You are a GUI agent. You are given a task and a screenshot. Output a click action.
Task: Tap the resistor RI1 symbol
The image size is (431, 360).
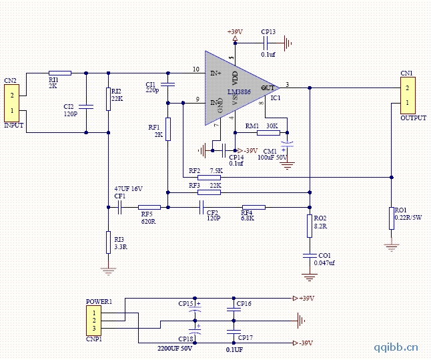coord(60,72)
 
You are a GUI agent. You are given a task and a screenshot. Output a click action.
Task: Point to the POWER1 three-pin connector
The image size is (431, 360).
coord(95,321)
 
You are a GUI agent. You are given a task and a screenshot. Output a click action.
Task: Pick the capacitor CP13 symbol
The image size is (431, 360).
coord(267,43)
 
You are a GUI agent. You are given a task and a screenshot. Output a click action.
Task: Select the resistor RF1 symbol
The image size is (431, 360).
coord(168,128)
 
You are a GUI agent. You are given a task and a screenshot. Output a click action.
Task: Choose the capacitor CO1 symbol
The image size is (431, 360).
coord(309,254)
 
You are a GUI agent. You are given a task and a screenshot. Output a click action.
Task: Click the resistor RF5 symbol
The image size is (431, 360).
coord(149,207)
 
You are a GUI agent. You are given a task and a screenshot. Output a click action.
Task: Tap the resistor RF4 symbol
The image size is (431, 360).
coord(253,207)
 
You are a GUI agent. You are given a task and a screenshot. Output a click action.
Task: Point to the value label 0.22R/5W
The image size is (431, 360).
coord(407,217)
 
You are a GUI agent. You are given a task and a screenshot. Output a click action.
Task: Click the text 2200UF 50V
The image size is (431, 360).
coord(175,348)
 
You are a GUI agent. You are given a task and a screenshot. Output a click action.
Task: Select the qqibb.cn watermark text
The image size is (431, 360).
coord(396,346)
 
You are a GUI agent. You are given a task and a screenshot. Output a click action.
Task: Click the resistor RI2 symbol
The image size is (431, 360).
coord(108,99)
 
